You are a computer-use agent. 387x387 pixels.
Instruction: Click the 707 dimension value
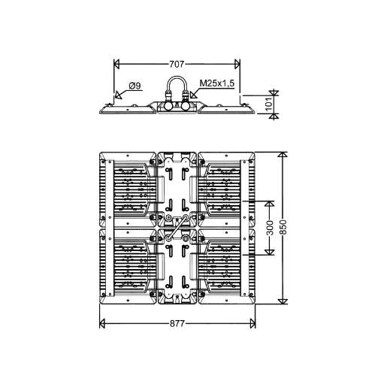coord(177,65)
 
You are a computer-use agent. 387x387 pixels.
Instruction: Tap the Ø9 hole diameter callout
coord(135,86)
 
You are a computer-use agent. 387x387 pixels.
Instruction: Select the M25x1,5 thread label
coord(217,83)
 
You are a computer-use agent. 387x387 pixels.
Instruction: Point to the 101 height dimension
coord(268,104)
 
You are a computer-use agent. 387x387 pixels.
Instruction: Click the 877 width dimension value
coord(177,324)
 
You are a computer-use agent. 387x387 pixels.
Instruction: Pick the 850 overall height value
coord(283,227)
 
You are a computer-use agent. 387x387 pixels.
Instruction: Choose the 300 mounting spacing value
coord(270,228)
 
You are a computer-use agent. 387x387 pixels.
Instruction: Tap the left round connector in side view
coord(168,106)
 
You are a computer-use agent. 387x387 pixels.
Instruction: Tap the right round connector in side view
coord(186,106)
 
